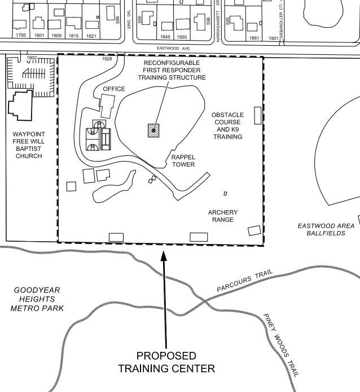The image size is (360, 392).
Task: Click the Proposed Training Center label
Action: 166,362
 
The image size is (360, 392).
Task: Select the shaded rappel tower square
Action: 152,130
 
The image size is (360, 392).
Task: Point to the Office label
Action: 114,89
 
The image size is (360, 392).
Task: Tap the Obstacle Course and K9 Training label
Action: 227,125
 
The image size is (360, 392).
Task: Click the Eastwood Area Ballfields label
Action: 326,229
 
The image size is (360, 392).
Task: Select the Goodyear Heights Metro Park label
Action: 37,299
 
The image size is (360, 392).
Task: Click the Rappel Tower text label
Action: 183,161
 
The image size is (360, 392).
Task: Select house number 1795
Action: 21,36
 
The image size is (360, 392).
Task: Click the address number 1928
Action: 107,59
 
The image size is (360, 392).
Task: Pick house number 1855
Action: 181,37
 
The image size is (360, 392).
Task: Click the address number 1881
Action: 254,38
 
